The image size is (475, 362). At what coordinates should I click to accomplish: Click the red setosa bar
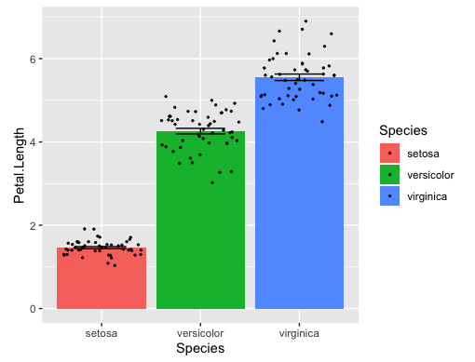coord(102,278)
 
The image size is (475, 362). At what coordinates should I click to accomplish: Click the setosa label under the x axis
coord(102,331)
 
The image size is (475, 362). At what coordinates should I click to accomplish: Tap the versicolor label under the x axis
coord(200,331)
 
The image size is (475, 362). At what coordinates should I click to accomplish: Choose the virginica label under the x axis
coord(299,331)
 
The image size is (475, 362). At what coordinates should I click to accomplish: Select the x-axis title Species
coord(200,348)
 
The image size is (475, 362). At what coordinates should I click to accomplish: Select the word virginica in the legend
coord(428,195)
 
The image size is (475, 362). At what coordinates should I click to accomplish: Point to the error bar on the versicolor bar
coord(200,131)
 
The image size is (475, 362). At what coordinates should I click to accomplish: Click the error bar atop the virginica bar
coord(299,77)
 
